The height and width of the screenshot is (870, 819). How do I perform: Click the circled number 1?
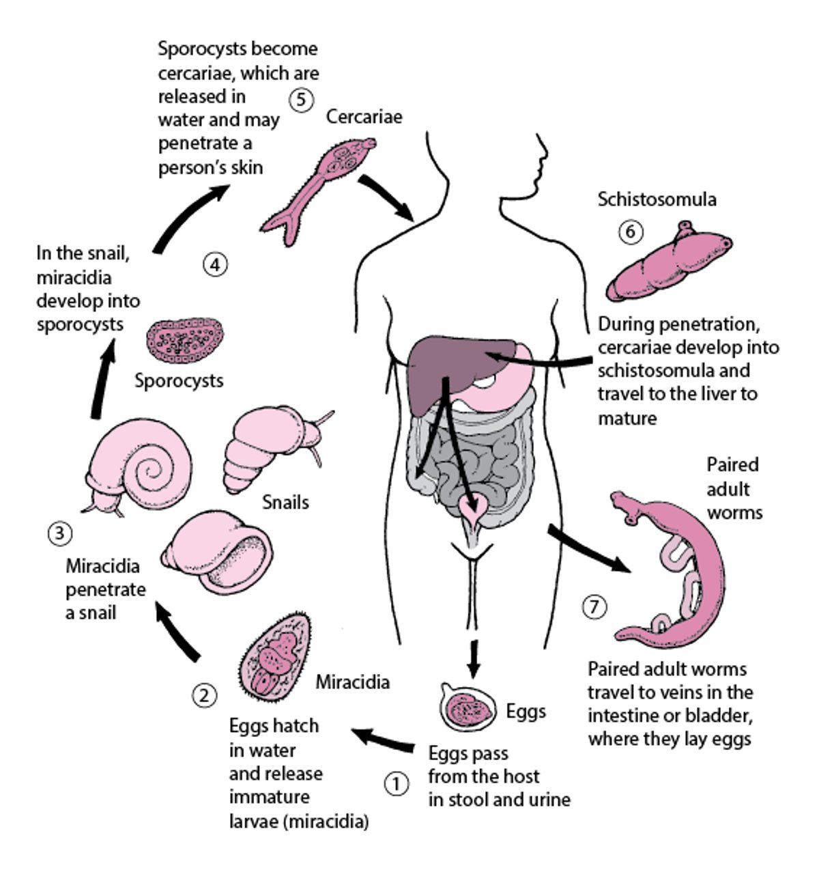pyautogui.click(x=397, y=783)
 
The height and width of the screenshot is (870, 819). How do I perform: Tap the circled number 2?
pyautogui.click(x=204, y=695)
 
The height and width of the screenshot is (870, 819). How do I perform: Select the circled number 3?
pyautogui.click(x=59, y=532)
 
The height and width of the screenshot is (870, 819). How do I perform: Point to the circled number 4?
pyautogui.click(x=215, y=264)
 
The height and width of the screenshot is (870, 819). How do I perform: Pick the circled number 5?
pyautogui.click(x=301, y=100)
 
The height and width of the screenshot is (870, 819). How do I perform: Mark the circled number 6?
pyautogui.click(x=630, y=232)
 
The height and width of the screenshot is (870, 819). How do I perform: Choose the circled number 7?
pyautogui.click(x=594, y=606)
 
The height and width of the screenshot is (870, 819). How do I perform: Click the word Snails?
pyautogui.click(x=285, y=502)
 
